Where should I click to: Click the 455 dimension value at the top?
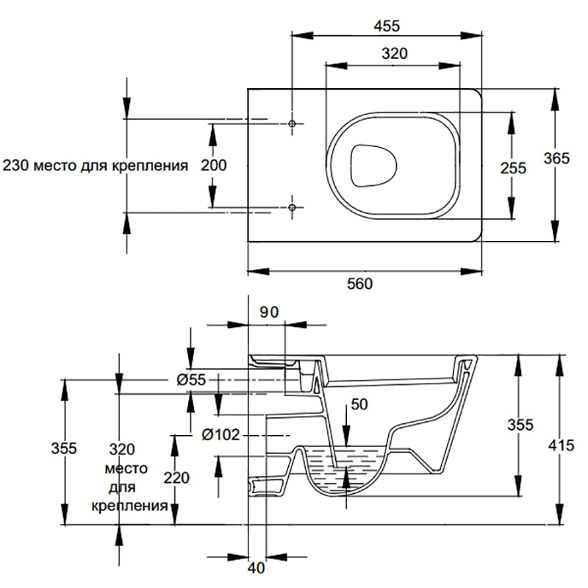pos(386,26)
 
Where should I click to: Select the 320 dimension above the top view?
pos(395,54)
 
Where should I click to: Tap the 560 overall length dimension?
pos(359,284)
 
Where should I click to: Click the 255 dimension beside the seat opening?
pos(513,168)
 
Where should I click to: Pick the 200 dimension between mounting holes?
pos(213,165)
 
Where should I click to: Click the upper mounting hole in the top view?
pos(293,124)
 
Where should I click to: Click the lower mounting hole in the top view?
pos(293,209)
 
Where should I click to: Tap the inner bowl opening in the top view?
pos(373,164)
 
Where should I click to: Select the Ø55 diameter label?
pos(192,379)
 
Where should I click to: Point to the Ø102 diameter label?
pos(218,434)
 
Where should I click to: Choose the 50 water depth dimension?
pos(359,404)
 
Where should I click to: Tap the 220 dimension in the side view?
pos(176,478)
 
